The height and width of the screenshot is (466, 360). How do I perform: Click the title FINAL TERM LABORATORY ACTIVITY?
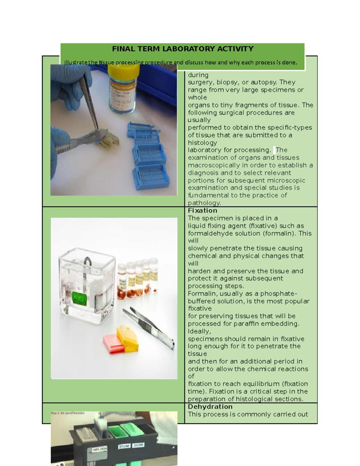point(183,49)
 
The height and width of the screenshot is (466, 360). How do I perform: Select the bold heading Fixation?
point(202,211)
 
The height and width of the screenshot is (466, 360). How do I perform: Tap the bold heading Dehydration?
point(210,407)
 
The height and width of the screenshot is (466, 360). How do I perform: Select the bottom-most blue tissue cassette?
point(151,177)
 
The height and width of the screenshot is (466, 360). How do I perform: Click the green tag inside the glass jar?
point(79,299)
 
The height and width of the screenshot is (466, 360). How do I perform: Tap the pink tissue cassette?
point(113,344)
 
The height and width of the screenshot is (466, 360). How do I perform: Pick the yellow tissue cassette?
point(128,338)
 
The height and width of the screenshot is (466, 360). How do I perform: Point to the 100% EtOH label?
point(99,449)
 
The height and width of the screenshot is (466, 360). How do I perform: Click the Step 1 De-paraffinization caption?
point(68,413)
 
